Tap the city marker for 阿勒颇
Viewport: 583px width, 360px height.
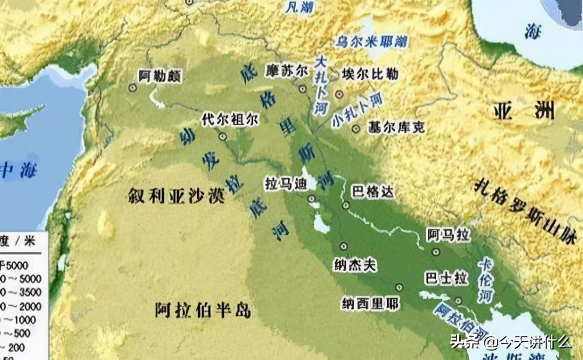point(133,87)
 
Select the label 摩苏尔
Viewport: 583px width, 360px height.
point(286,70)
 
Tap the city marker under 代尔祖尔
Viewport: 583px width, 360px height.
point(223,136)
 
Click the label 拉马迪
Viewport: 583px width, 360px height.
point(286,182)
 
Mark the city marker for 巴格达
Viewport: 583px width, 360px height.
point(346,204)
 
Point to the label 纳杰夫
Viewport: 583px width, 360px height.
point(356,265)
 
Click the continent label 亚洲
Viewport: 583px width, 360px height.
point(523,111)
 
